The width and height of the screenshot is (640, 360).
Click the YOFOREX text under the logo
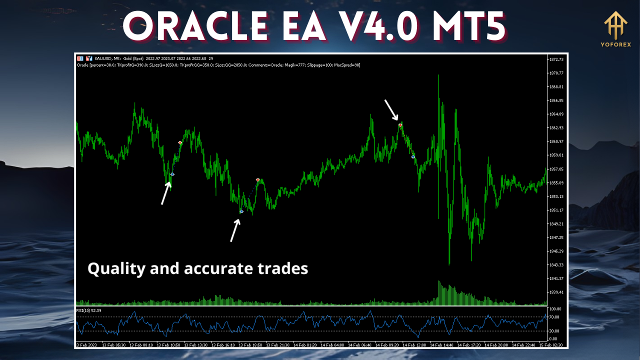click(x=615, y=44)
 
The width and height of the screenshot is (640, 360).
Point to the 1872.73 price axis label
click(x=556, y=59)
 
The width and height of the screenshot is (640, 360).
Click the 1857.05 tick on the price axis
click(x=556, y=169)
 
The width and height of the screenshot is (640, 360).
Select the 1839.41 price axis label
click(x=556, y=292)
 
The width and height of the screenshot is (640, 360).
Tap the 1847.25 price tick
click(x=556, y=237)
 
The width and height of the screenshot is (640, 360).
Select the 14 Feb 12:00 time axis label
click(x=413, y=345)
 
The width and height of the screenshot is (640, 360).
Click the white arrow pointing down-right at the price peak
click(x=391, y=109)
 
